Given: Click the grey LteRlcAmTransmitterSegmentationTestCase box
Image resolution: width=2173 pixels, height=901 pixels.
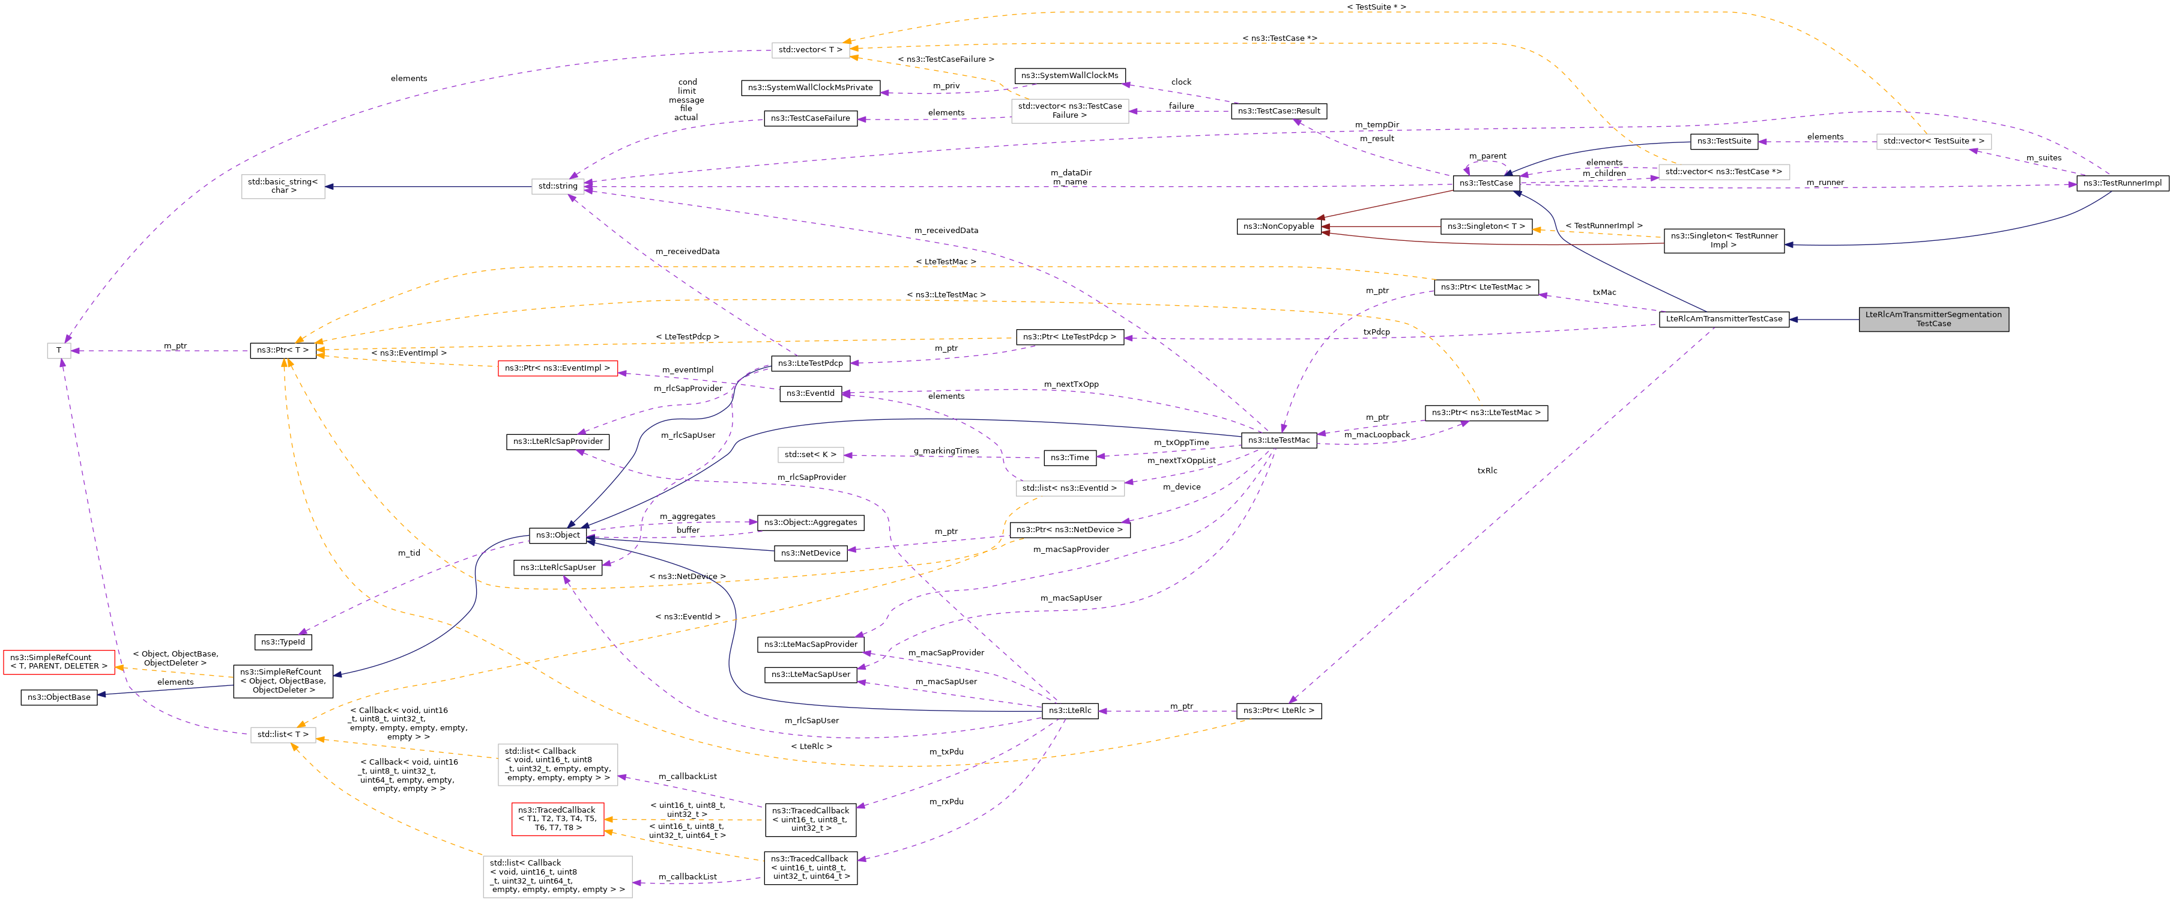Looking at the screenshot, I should pos(1933,319).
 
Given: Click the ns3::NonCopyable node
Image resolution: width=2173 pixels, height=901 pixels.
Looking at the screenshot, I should pos(1278,226).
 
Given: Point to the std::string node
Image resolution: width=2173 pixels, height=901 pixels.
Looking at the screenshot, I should pos(558,186).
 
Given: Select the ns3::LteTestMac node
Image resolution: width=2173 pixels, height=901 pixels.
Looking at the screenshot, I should pos(1278,440).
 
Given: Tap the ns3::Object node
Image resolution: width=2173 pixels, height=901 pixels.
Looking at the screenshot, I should pos(558,535).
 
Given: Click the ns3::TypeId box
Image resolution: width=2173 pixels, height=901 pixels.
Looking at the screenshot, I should pos(283,642).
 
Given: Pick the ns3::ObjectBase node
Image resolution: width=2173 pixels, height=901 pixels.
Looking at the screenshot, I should pos(59,697).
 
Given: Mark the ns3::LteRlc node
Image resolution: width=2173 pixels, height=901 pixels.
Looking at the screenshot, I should pos(1069,711).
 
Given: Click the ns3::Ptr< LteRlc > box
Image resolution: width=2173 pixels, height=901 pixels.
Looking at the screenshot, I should pos(1278,711).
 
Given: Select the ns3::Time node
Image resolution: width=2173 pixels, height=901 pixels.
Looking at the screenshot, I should pos(1069,457).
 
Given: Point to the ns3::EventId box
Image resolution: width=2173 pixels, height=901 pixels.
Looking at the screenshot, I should pos(810,393).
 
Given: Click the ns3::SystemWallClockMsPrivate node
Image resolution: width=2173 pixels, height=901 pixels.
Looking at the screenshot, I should pos(810,88).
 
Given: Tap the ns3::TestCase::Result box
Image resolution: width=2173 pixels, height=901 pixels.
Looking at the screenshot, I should pos(1278,111).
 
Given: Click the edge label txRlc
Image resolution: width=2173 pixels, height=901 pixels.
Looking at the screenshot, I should pos(1486,471).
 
